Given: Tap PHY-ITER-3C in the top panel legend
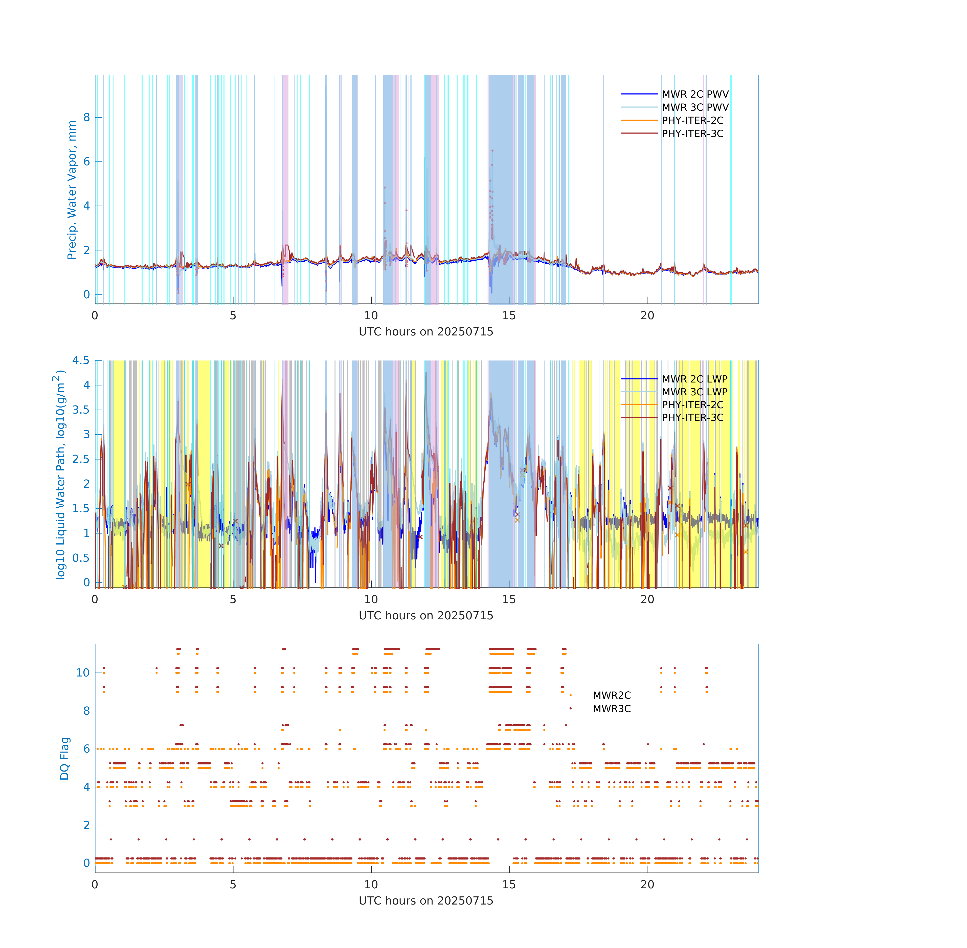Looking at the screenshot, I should point(692,133).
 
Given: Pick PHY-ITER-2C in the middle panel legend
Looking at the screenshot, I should point(692,405).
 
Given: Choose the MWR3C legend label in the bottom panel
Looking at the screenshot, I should point(612,709).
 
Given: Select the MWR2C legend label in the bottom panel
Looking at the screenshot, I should point(612,695).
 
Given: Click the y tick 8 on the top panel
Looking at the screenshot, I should point(87,118).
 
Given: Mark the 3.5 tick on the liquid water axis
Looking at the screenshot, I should point(81,410).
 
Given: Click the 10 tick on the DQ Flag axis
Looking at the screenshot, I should point(83,673).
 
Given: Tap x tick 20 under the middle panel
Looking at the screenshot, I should point(647,599).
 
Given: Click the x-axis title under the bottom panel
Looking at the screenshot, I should point(426,901).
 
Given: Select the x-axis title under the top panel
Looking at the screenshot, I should point(426,332).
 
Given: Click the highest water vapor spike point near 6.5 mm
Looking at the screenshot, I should point(492,150).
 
